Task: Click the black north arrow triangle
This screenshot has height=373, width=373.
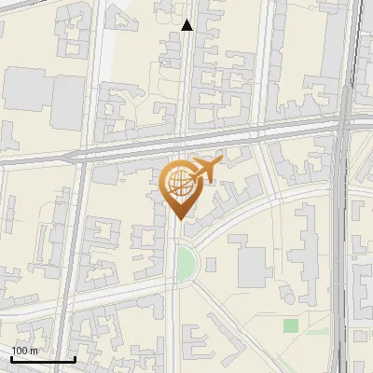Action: coord(187,26)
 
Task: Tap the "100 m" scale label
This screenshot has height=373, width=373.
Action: coord(25,351)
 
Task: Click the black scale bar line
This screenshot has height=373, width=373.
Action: coord(43,359)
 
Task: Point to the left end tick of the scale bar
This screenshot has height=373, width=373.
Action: coord(11,357)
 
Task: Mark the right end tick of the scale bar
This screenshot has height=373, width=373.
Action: coord(75,357)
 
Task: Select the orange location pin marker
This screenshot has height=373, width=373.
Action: coord(181,186)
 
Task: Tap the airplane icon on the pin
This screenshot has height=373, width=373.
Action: coord(204,171)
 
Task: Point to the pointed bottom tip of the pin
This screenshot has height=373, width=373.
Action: coord(180,218)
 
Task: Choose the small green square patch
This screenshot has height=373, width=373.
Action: coord(291,325)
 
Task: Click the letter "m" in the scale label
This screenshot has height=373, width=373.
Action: coord(34,351)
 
